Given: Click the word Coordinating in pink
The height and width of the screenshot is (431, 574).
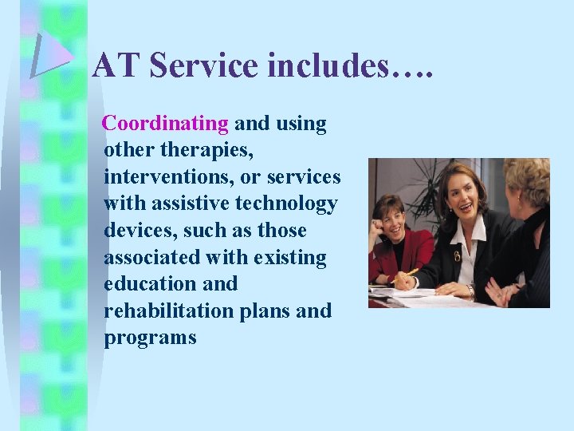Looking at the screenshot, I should click(x=166, y=124).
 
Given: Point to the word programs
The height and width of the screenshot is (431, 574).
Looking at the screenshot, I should click(x=150, y=338).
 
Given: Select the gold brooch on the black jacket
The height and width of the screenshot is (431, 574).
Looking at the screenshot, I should click(x=457, y=256).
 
